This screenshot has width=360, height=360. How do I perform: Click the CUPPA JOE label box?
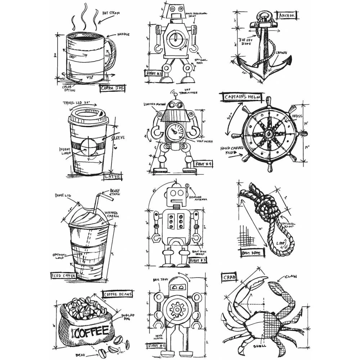tap(112, 87)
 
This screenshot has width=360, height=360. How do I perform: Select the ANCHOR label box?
tap(287, 15)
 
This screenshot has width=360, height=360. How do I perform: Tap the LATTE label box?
tap(112, 176)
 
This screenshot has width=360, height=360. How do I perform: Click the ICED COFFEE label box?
tap(63, 276)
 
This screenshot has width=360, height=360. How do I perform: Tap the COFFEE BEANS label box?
tap(118, 294)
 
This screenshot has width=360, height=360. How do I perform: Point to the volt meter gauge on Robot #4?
tap(174, 130)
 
